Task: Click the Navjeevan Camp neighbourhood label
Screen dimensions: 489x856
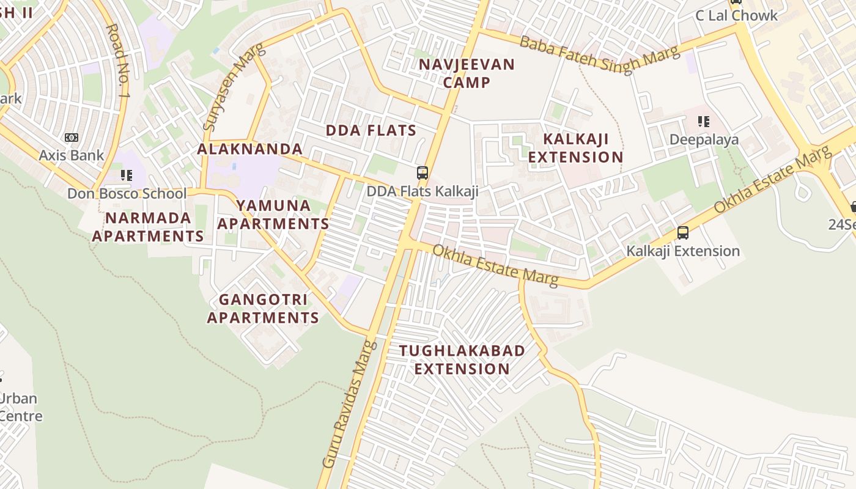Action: tap(467, 73)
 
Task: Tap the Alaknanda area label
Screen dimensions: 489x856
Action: tap(249, 149)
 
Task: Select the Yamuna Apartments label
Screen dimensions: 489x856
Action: tap(273, 215)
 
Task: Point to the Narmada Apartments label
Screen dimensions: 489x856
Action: tap(147, 227)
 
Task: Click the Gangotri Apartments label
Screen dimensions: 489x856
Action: tap(263, 309)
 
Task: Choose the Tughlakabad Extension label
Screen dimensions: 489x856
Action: tap(462, 359)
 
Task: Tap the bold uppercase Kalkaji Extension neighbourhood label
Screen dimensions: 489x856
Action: tap(575, 148)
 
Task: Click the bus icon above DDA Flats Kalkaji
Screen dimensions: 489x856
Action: tap(422, 172)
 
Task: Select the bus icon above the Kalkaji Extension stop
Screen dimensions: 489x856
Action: tap(683, 232)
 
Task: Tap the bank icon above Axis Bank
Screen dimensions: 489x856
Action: tap(72, 138)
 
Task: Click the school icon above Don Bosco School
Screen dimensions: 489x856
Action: tap(127, 176)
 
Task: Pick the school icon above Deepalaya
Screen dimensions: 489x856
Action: tap(704, 122)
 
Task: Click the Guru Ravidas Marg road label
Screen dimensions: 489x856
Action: tap(347, 405)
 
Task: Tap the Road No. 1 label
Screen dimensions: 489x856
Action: tap(119, 61)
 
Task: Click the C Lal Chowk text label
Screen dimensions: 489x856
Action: tap(736, 16)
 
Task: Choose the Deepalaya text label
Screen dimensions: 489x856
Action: tap(704, 139)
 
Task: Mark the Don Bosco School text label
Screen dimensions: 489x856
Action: tap(127, 194)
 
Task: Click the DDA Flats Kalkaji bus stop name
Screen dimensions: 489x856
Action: tap(422, 191)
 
